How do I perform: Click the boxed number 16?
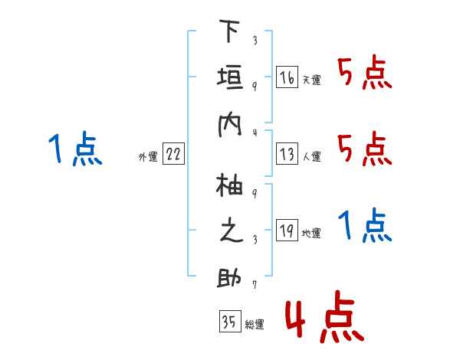click(287, 77)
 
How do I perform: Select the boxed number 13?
click(287, 155)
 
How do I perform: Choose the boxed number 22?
click(173, 155)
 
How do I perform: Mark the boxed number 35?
click(229, 322)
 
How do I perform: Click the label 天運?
click(311, 80)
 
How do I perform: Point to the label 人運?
click(311, 157)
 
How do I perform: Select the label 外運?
click(148, 157)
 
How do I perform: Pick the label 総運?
click(254, 325)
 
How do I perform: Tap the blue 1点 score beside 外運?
click(75, 148)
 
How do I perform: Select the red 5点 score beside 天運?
click(364, 73)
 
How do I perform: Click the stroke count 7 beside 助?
click(254, 285)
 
